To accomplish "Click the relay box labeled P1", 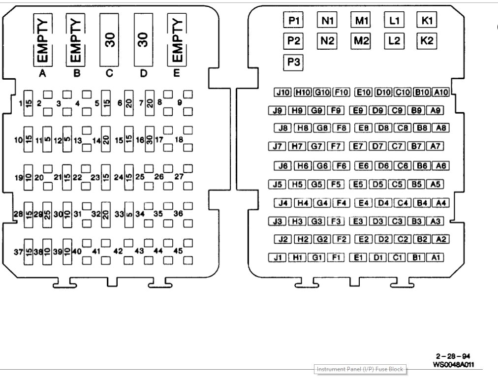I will tap(294, 21).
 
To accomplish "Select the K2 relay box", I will tap(427, 41).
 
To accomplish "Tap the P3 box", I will tap(294, 63).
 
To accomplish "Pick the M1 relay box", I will tap(362, 21).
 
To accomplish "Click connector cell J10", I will tap(283, 92).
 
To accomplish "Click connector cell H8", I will tap(302, 128).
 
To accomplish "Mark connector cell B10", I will tap(422, 92).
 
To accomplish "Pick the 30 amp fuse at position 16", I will tap(149, 140).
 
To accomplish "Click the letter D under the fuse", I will tap(143, 74).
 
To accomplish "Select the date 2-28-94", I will tap(450, 356).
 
